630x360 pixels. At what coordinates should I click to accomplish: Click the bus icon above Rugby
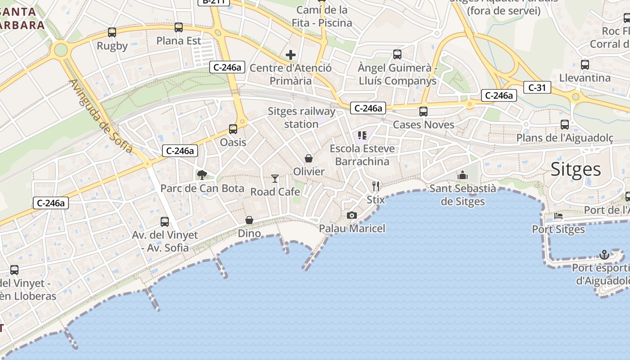[x=112, y=32]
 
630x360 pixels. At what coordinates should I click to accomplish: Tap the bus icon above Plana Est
[x=179, y=27]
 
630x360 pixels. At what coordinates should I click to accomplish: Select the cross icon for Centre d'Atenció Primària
[x=291, y=55]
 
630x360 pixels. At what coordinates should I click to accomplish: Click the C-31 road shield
[x=537, y=87]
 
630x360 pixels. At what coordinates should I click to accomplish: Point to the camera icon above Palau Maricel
[x=352, y=215]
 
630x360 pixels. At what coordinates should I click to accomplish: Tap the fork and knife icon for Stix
[x=376, y=186]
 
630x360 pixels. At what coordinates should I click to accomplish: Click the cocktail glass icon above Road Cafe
[x=275, y=179]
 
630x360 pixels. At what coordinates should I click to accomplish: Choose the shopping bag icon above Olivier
[x=309, y=158]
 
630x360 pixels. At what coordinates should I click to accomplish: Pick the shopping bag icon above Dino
[x=249, y=220]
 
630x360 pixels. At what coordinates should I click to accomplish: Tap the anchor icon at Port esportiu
[x=604, y=255]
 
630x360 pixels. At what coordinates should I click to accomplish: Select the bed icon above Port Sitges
[x=558, y=216]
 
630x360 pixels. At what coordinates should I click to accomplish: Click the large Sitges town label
[x=576, y=170]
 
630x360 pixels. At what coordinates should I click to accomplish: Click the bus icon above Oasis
[x=233, y=129]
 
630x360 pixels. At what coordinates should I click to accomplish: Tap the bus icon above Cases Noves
[x=423, y=112]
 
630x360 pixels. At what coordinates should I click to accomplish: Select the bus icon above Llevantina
[x=585, y=64]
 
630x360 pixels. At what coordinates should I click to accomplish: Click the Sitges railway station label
[x=301, y=117]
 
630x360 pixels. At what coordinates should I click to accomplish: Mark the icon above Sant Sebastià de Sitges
[x=463, y=175]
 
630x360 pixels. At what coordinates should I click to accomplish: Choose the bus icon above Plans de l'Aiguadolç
[x=565, y=125]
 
